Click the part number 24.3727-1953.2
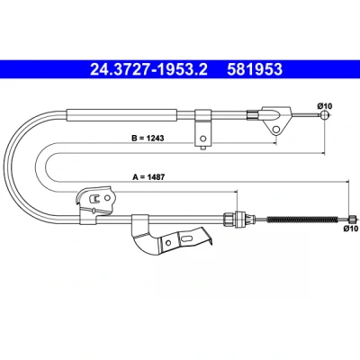coord(148,69)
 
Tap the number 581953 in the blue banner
coord(255,69)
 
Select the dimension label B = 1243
coord(148,139)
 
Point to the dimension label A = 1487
coord(148,177)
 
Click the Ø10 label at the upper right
coord(324,106)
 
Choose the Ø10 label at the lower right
coord(351,229)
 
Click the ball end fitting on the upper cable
coord(324,114)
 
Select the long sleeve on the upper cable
coord(121,115)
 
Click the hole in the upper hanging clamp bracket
coord(203,139)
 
